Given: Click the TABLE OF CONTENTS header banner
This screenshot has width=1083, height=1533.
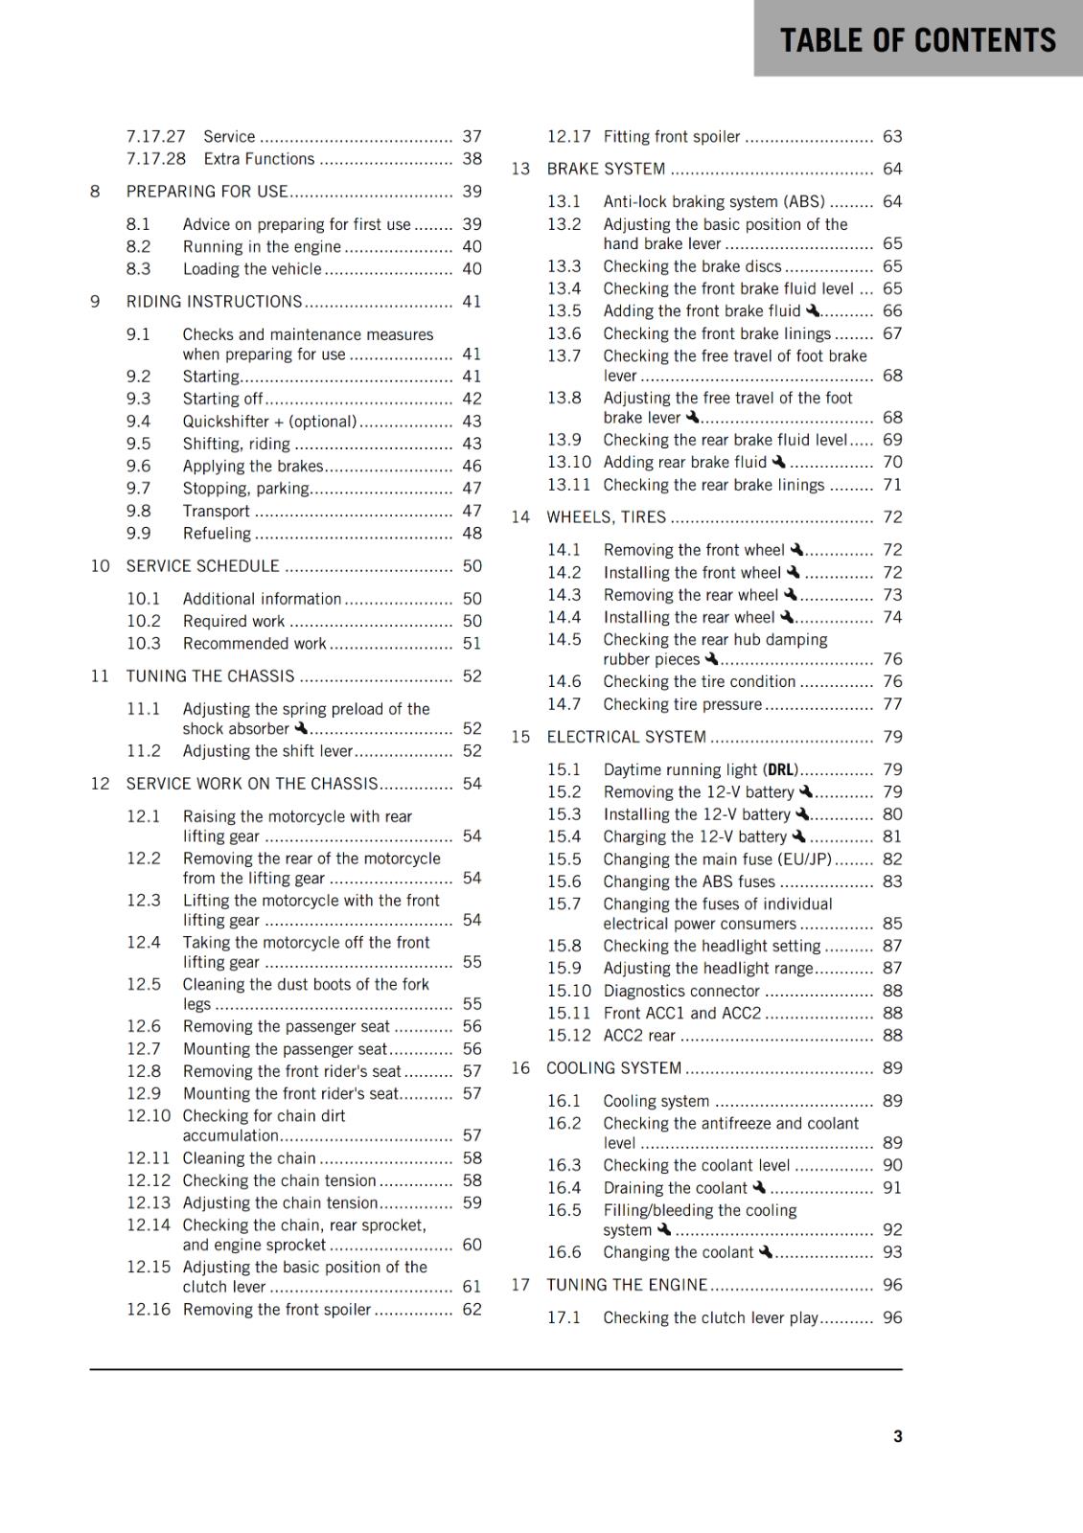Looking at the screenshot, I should click(917, 39).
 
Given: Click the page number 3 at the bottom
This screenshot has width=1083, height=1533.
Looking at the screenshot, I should click(897, 1435).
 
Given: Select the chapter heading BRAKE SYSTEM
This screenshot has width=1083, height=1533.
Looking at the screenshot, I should click(606, 169).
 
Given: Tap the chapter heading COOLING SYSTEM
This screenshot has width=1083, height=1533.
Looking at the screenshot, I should click(613, 1067).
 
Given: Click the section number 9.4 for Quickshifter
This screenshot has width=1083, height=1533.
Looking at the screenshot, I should click(138, 421).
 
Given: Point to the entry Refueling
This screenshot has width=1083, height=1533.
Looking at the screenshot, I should click(217, 533).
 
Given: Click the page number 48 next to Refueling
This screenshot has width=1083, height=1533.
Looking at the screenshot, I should click(472, 533).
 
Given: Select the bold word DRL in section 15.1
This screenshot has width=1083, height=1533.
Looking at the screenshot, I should click(781, 769).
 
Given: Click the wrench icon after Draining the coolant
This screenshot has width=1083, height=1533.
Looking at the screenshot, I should click(759, 1187).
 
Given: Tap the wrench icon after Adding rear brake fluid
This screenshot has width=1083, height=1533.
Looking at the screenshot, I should click(778, 462).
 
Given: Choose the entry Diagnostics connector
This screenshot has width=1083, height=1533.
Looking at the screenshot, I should click(681, 991).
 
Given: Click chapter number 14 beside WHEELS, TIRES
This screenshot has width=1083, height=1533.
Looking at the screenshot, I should click(519, 516).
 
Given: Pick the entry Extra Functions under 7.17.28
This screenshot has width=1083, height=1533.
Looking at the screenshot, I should click(259, 159).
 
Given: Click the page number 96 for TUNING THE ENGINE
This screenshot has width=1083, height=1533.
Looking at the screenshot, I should click(892, 1285).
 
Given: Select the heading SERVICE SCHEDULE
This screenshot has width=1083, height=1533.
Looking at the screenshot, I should click(203, 566).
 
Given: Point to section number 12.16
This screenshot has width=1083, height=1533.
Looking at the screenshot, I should click(148, 1309).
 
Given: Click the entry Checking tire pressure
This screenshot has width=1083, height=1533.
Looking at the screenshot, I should click(682, 704).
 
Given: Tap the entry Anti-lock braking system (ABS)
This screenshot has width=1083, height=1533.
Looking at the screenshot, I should click(714, 201).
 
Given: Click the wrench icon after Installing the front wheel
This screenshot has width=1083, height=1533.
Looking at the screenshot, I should click(793, 572).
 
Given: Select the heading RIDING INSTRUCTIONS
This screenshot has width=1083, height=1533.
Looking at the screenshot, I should click(214, 302).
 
